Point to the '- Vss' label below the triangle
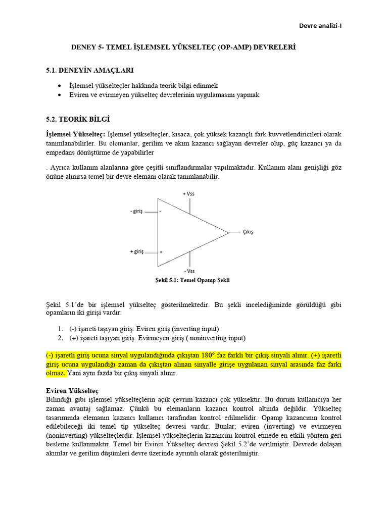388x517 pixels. point(190,271)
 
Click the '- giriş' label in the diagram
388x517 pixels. point(136,212)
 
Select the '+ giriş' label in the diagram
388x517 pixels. point(136,251)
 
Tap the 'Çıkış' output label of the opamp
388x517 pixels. point(248,232)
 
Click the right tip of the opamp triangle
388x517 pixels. point(228,233)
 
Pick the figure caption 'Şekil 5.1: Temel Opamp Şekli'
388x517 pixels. point(192,280)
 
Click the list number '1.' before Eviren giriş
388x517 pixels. point(60,329)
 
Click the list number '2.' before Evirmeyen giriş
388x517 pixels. point(60,338)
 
